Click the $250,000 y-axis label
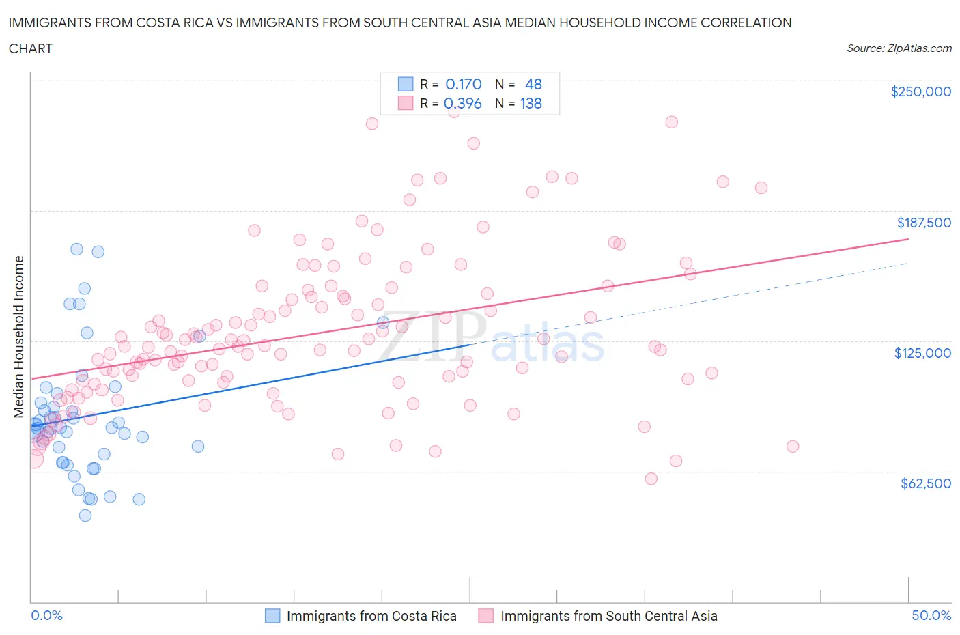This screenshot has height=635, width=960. coord(920,92)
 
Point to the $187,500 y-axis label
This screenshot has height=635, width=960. coord(924,223)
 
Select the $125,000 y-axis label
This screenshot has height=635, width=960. coord(922,353)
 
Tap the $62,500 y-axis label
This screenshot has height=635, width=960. coord(926,483)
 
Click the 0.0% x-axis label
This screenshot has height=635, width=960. coord(46,616)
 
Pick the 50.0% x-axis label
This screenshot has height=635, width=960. coord(931,616)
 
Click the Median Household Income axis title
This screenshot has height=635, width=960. coord(19,337)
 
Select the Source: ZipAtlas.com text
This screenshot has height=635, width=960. coord(899,48)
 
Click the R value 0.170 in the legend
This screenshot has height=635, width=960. coord(464,84)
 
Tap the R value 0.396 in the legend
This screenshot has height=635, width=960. coord(463,104)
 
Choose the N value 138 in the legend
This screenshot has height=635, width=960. coord(531,104)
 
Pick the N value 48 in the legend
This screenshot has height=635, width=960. coord(533,84)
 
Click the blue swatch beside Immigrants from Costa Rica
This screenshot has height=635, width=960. coord(272,616)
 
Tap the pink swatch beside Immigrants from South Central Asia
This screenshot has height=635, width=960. coord(486,616)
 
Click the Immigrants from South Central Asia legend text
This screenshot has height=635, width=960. coord(609,616)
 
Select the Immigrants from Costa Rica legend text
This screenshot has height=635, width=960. coord(371,616)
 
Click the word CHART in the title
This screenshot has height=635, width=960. coord(31,48)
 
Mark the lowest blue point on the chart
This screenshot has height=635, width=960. coord(85,516)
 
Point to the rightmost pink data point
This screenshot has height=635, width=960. coord(793,447)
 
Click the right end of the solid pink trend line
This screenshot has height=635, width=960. coord(909,239)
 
